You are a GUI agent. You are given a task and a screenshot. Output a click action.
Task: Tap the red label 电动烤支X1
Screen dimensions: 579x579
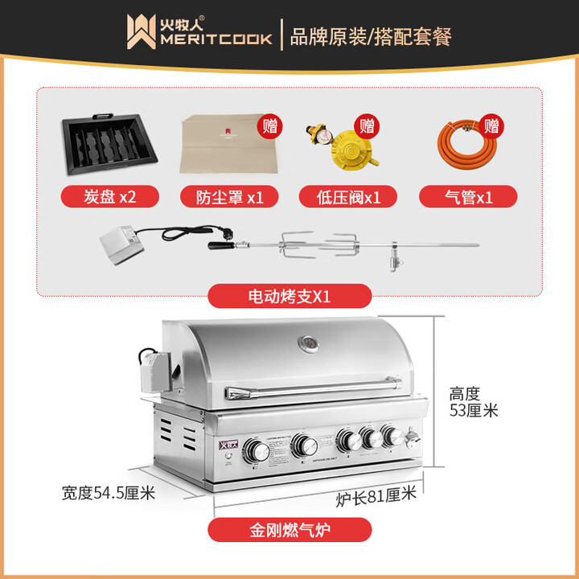pyautogui.click(x=289, y=296)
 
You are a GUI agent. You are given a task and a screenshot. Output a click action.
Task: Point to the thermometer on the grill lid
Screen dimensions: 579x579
pyautogui.click(x=306, y=343)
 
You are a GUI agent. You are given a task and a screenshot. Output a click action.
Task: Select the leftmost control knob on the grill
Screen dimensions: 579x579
pyautogui.click(x=258, y=449)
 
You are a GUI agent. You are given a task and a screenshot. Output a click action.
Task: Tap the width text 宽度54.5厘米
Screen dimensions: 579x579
pyautogui.click(x=108, y=492)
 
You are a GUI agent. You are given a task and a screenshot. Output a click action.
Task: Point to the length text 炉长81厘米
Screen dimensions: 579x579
pyautogui.click(x=376, y=496)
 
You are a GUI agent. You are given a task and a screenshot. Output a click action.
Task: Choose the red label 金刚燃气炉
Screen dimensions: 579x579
pyautogui.click(x=289, y=529)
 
